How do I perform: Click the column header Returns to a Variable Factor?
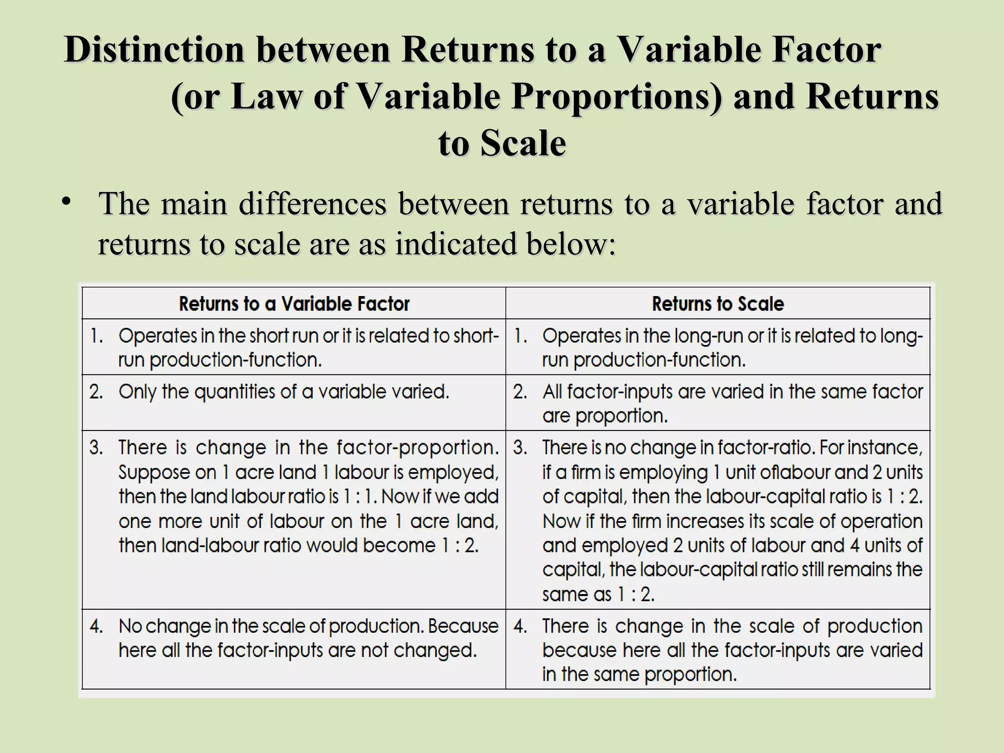294,304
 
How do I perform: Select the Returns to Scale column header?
718,304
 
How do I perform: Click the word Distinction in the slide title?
154,50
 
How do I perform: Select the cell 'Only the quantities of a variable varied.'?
284,392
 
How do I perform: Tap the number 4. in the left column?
96,627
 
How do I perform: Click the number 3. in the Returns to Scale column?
520,448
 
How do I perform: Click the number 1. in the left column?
96,336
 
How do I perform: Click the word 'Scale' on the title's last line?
523,144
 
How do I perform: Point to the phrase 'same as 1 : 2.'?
598,595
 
